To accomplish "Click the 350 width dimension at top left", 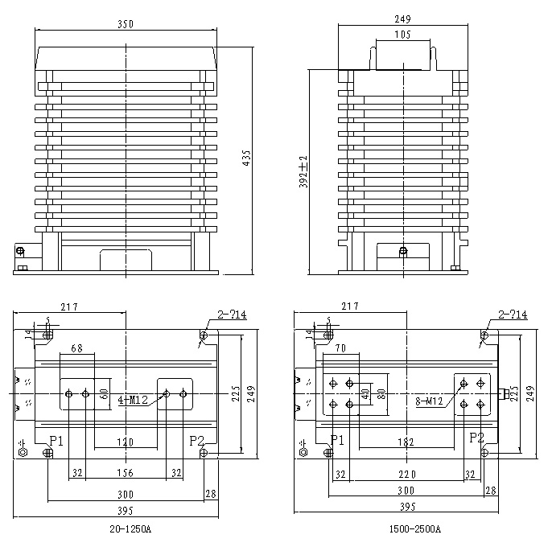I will pyautogui.click(x=125, y=25).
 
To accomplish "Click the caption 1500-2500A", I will pyautogui.click(x=414, y=529).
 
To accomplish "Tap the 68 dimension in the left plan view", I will pyautogui.click(x=76, y=348).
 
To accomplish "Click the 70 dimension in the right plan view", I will pyautogui.click(x=342, y=348).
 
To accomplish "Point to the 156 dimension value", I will pyautogui.click(x=125, y=474).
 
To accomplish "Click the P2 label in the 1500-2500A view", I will pyautogui.click(x=476, y=438).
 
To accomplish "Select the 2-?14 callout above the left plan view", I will pyautogui.click(x=231, y=314).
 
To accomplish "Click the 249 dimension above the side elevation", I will pyautogui.click(x=404, y=19).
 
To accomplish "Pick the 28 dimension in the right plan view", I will pyautogui.click(x=491, y=490).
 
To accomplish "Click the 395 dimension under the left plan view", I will pyautogui.click(x=125, y=508).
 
